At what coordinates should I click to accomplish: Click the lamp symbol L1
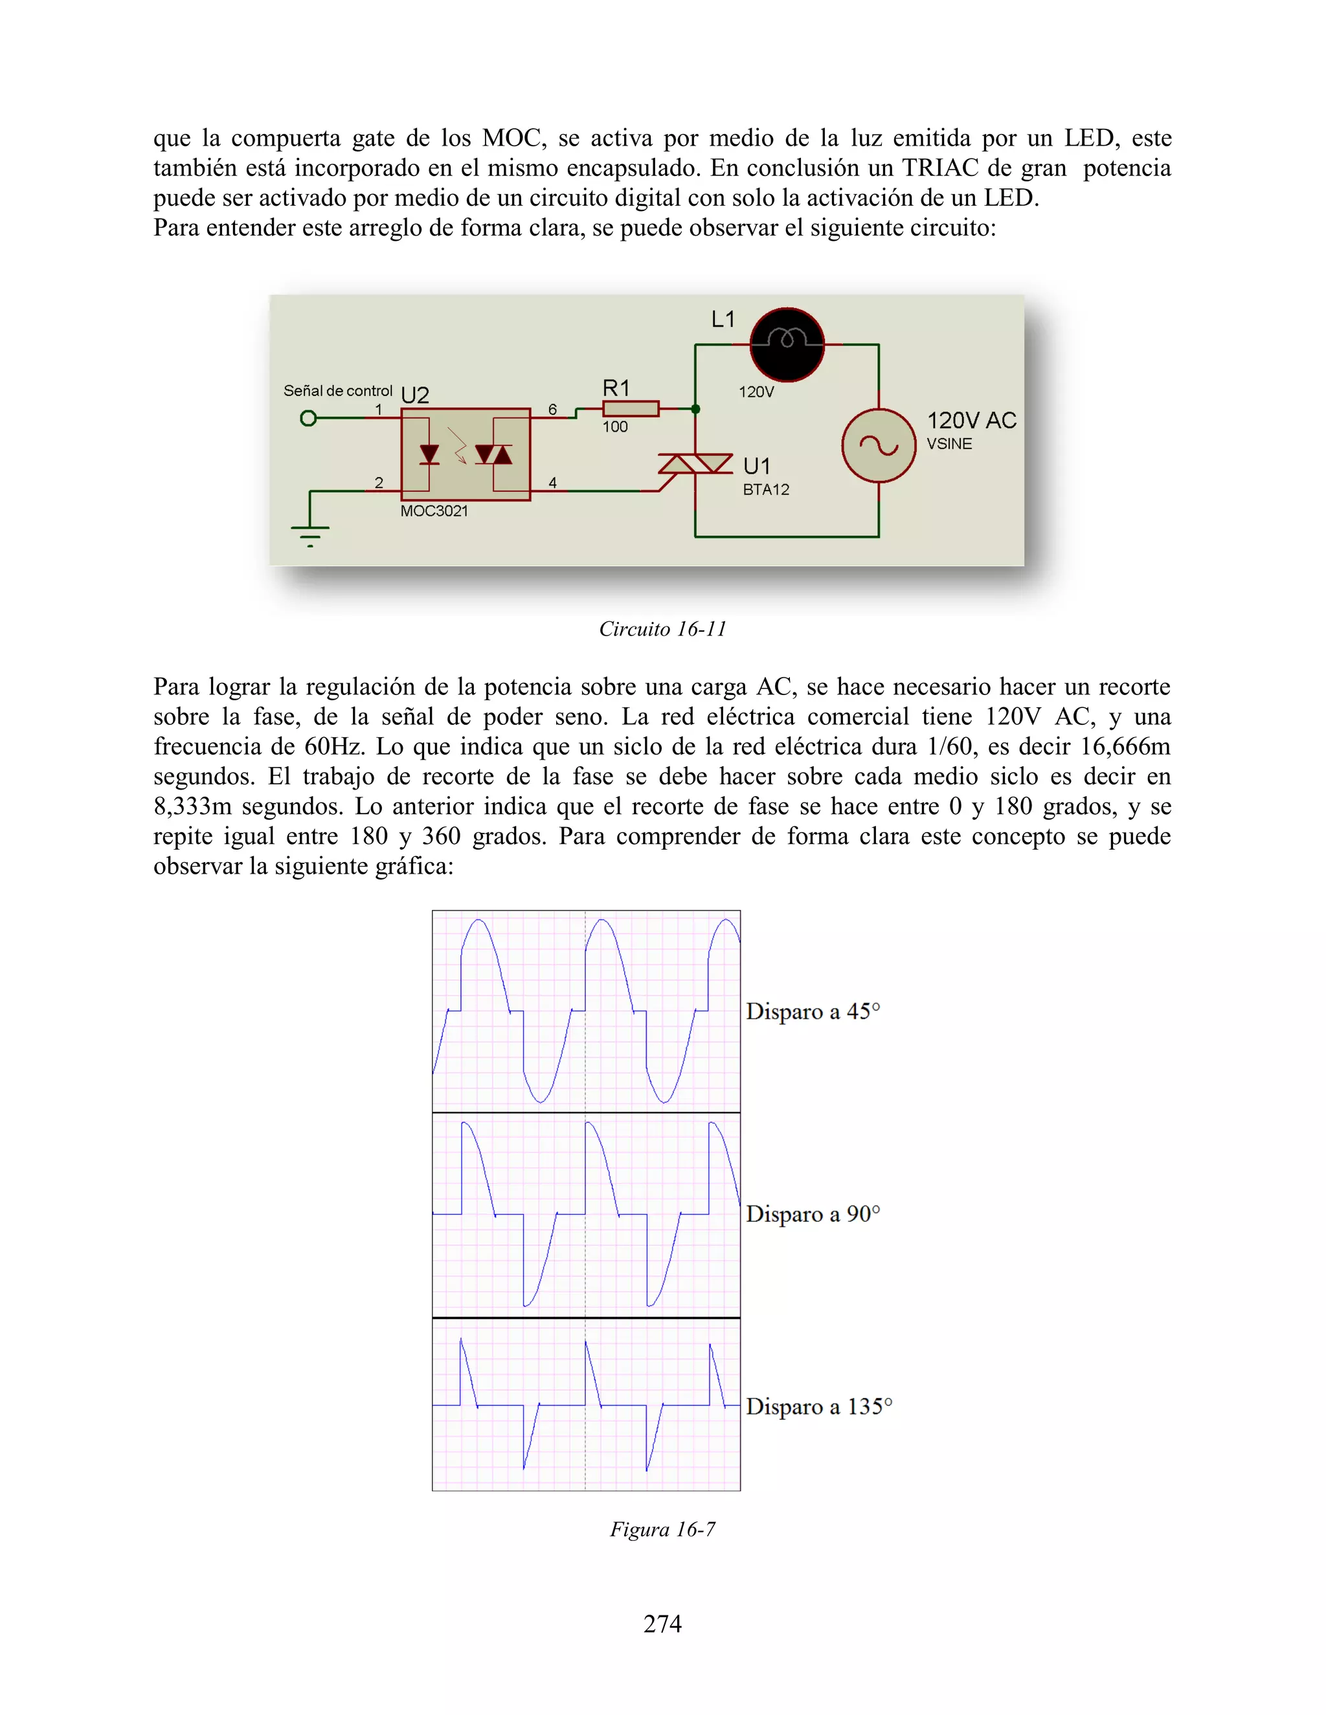point(787,344)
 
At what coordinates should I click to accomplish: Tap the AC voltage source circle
point(878,445)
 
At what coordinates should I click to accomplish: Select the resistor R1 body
point(630,408)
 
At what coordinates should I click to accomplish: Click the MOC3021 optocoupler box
point(466,454)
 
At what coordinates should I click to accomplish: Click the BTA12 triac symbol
point(695,464)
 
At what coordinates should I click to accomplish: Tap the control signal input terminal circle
point(309,418)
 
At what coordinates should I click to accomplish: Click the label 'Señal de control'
point(338,390)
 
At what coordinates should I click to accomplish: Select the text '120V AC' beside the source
point(971,420)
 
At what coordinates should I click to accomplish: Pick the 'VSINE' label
point(949,444)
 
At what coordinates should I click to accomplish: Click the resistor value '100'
point(615,427)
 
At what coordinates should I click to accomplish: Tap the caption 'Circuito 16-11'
point(662,629)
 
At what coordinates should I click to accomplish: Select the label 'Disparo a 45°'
point(813,1011)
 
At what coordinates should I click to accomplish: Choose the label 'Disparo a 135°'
point(818,1406)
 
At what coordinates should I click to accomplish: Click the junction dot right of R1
point(695,409)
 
